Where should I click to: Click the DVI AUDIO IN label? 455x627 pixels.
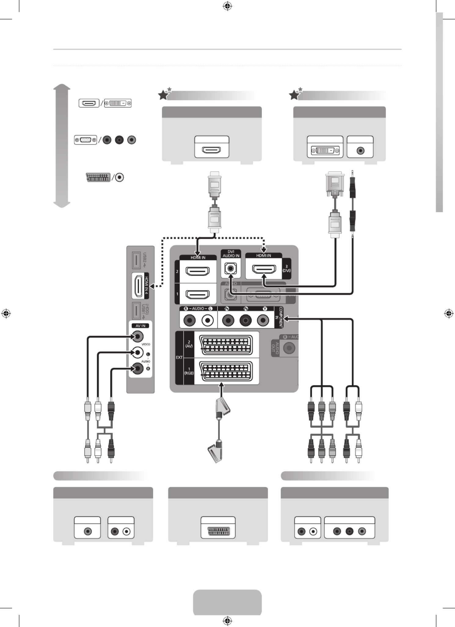coord(231,254)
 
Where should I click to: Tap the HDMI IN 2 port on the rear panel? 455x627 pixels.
coord(198,271)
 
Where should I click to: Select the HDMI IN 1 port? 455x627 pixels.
coord(198,294)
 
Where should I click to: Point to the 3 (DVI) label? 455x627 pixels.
coord(286,269)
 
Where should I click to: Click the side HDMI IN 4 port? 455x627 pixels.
coord(138,286)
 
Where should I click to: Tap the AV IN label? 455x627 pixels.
coord(140,326)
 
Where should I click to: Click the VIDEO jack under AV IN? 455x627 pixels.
coord(137,337)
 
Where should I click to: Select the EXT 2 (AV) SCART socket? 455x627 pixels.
coord(226,345)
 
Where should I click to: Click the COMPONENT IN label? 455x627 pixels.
coord(279,317)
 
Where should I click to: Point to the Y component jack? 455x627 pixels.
coord(263,320)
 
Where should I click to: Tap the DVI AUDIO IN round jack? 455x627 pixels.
coord(231,269)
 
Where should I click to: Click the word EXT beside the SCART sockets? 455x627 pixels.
coord(179,357)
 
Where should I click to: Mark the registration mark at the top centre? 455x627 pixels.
coord(227,6)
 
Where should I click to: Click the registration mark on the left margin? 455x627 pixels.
coord(6,314)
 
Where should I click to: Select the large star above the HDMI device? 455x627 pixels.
coord(163,95)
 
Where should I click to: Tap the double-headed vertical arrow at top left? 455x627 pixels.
coord(62,146)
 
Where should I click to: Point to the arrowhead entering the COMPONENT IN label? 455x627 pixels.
coord(286,319)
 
